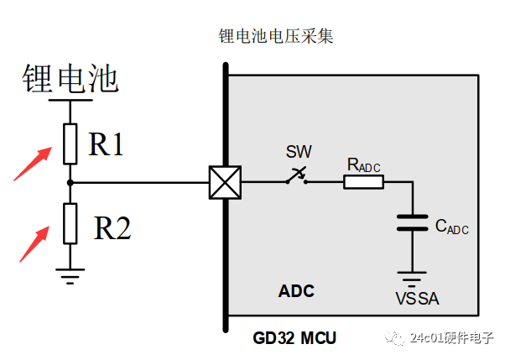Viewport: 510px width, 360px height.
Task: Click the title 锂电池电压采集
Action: click(277, 36)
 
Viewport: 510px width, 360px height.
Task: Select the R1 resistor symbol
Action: click(70, 143)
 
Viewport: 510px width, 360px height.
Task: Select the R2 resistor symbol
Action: click(70, 223)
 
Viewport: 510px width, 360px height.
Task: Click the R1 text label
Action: click(107, 145)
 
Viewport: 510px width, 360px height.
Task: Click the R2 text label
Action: click(112, 227)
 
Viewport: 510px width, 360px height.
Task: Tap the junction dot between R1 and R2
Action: click(70, 181)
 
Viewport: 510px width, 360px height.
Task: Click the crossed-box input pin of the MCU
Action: click(224, 181)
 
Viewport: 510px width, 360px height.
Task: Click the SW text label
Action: click(298, 152)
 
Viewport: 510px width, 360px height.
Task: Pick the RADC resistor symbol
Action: click(363, 181)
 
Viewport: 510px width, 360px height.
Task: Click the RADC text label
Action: click(363, 165)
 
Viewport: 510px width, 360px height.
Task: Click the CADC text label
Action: click(451, 226)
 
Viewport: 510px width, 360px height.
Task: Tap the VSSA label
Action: click(417, 299)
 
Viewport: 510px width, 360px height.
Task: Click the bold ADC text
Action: click(296, 291)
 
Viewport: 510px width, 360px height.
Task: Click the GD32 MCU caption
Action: click(294, 339)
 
